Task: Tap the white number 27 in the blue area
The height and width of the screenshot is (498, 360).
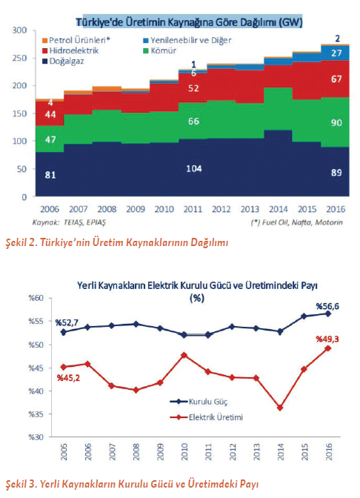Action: (335, 53)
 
